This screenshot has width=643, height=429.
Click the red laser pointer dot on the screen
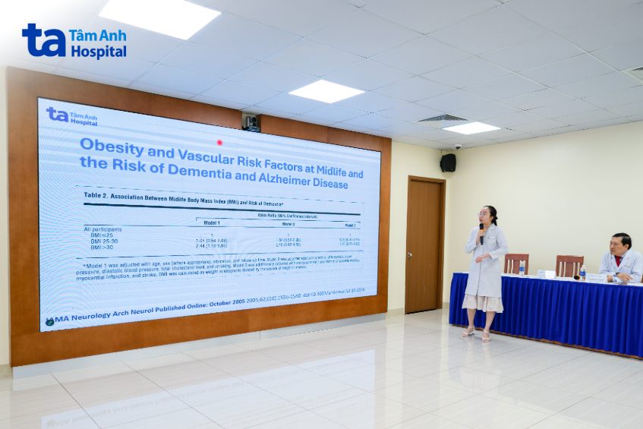click(x=219, y=142)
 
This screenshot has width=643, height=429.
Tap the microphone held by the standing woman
click(x=481, y=230)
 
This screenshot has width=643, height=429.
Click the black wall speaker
click(x=448, y=162)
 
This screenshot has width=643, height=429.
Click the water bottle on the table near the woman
click(x=522, y=267)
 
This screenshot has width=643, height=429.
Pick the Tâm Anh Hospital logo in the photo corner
click(x=74, y=41)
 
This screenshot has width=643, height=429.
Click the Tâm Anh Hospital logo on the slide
click(x=71, y=116)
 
